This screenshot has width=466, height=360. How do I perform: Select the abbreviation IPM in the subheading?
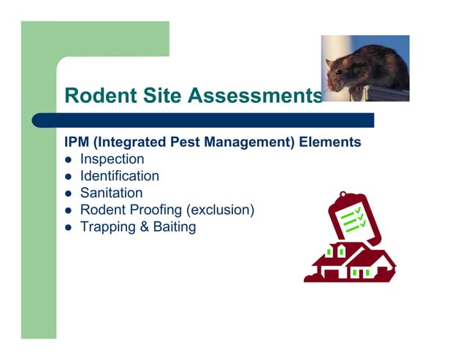(77, 142)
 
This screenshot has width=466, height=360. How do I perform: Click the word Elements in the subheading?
(330, 142)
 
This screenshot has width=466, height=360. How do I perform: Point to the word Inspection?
(112, 159)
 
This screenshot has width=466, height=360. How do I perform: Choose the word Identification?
(119, 176)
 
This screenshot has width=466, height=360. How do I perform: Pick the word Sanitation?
(111, 194)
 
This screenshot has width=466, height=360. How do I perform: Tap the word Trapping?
(104, 227)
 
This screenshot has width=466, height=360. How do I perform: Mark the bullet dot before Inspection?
(68, 160)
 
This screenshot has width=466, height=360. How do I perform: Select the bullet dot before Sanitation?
(68, 194)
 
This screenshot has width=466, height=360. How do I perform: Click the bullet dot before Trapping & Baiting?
(68, 228)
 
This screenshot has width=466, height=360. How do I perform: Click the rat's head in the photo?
(338, 74)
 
